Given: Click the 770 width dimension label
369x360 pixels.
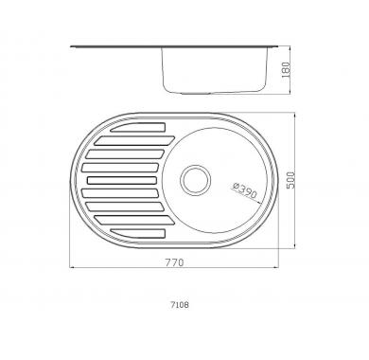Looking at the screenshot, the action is pyautogui.click(x=174, y=262).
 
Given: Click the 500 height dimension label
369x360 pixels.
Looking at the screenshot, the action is pyautogui.click(x=290, y=180).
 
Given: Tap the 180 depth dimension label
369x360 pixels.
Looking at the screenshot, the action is pyautogui.click(x=285, y=70).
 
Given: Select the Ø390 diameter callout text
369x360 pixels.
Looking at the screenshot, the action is pyautogui.click(x=245, y=190).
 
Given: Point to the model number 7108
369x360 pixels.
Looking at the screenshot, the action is pyautogui.click(x=180, y=305).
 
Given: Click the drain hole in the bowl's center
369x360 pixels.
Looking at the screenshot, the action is pyautogui.click(x=196, y=180).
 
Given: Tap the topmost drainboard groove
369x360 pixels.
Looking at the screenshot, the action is pyautogui.click(x=138, y=127).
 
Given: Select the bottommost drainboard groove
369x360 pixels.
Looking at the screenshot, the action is pyautogui.click(x=138, y=233).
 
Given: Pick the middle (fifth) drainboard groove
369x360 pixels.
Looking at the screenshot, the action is pyautogui.click(x=122, y=180).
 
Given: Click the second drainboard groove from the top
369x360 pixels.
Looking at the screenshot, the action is pyautogui.click(x=134, y=140).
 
